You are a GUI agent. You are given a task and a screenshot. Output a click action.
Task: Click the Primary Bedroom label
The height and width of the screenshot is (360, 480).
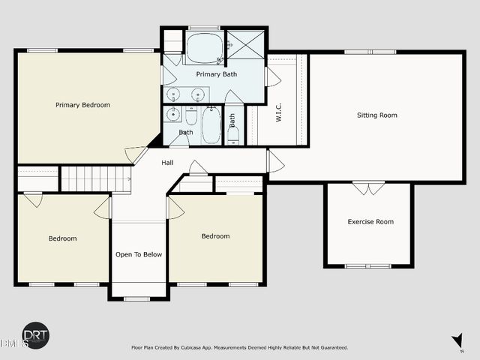tap(82, 105)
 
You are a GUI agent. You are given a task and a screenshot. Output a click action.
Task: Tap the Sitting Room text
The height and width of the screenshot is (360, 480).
tap(376, 115)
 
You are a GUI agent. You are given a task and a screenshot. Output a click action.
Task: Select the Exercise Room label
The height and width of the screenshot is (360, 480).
tap(370, 221)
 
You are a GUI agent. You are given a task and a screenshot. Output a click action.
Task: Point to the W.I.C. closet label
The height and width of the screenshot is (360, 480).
tap(277, 113)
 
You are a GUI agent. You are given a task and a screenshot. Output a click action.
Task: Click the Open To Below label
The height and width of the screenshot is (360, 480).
tap(138, 254)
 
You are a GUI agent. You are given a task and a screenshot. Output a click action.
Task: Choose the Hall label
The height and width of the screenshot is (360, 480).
tap(168, 161)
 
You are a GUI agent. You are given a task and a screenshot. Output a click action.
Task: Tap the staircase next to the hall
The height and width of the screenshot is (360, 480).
tap(94, 179)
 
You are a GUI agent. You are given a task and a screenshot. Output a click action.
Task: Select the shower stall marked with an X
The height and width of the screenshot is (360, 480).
tap(245, 46)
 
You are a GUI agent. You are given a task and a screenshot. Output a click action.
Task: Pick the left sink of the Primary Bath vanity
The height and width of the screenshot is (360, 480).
tap(174, 94)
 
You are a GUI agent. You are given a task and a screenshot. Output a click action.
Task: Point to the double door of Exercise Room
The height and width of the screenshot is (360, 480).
tap(368, 187)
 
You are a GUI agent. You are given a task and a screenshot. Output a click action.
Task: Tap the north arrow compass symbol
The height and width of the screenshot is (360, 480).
tap(457, 342)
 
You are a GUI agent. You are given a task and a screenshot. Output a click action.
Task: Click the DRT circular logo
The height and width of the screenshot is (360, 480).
tap(35, 335)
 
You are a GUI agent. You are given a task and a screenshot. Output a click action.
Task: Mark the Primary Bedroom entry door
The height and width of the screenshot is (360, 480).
tap(136, 155)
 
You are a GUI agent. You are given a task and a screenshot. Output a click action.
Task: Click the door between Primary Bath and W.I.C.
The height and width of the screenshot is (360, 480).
tap(272, 76)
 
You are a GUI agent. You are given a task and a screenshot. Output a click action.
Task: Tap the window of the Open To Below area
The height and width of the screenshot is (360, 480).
tap(137, 299)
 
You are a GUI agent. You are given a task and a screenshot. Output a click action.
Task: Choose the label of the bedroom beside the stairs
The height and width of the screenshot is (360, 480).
tap(63, 238)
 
